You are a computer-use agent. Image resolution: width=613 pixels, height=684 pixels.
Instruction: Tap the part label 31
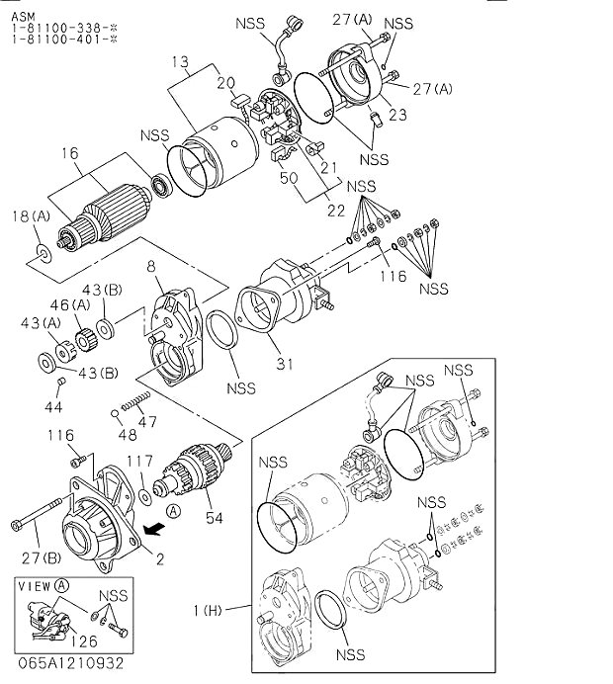(x=286, y=365)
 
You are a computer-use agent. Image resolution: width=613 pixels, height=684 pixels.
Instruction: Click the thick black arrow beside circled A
(x=151, y=530)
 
